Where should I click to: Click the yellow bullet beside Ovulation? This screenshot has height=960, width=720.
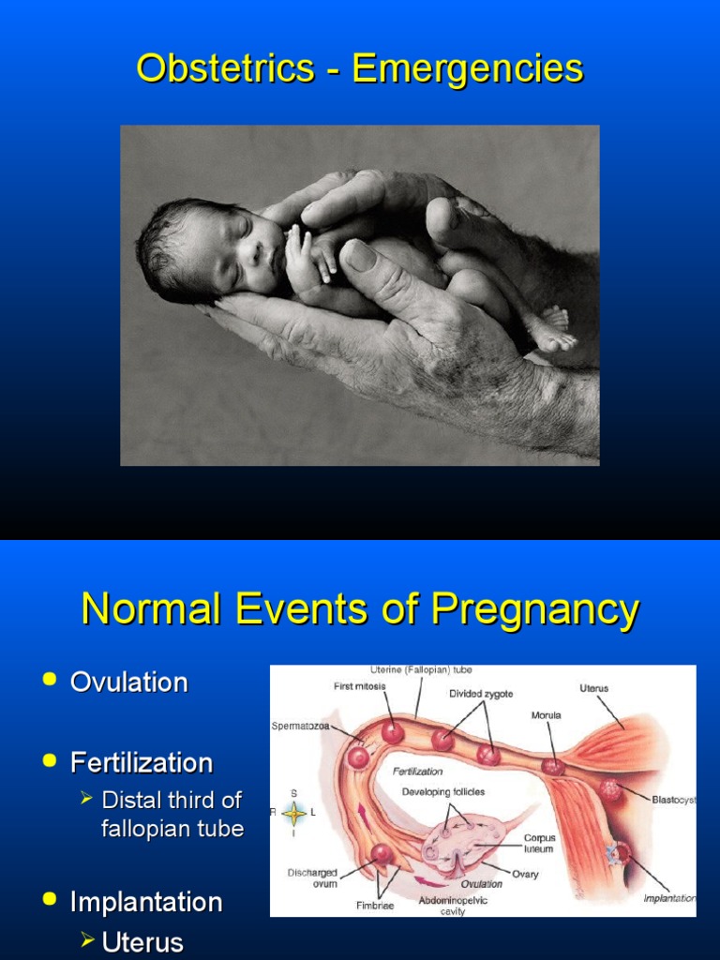pos(50,681)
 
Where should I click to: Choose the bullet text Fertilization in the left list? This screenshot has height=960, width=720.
pos(142,762)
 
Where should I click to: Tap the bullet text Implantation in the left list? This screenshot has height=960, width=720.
pos(146,902)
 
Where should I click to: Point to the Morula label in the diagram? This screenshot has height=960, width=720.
pos(546,714)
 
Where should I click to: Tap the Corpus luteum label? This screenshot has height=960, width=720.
pos(538,843)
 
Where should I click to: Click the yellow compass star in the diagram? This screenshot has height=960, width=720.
pos(294,812)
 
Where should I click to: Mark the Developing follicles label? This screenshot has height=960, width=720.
pos(443,792)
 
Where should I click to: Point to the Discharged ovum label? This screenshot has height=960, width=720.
pos(312,878)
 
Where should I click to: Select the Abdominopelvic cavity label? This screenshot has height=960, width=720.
pos(453,905)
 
